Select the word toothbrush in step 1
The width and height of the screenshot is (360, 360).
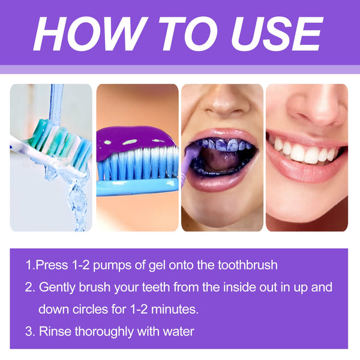[247, 265]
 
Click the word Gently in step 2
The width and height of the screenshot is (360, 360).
[58, 287]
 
